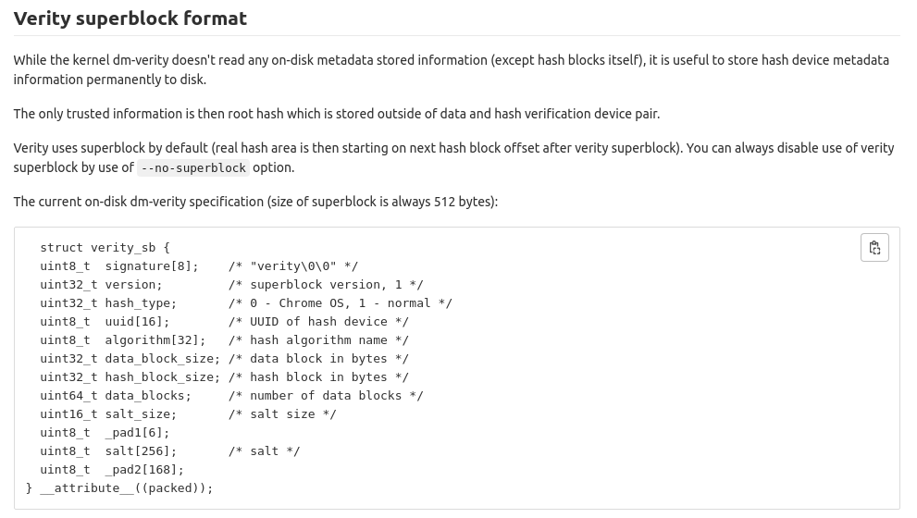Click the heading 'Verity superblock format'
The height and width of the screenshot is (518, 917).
coord(130,18)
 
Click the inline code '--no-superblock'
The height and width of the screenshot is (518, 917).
coord(193,168)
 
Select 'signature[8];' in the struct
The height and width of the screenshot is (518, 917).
coord(152,266)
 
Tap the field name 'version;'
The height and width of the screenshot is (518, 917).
coord(133,285)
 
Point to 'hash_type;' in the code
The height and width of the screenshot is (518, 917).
coord(141,303)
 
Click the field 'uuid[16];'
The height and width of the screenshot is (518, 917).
coord(137,322)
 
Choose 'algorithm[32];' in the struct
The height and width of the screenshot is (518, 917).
coord(155,340)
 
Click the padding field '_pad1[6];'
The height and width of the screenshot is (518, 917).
coord(137,433)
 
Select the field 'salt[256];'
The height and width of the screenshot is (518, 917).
coord(141,451)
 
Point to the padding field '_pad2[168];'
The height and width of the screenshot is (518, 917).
coord(144,470)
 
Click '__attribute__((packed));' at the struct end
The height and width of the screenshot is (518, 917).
coord(127,488)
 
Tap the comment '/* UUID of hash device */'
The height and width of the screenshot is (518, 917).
coord(318,322)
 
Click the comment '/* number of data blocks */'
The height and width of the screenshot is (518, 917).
coord(326,396)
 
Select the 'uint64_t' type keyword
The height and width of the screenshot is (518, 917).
coord(68,396)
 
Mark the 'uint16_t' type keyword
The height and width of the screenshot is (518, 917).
coord(68,414)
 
